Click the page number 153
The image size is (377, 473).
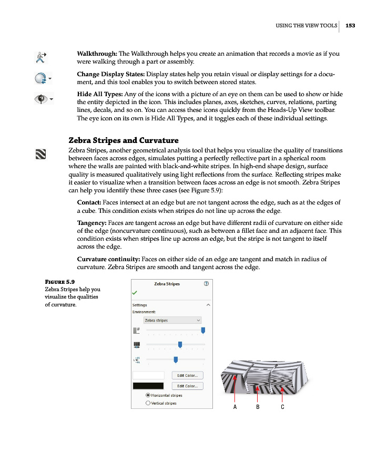[351, 25]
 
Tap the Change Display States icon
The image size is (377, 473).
[40, 78]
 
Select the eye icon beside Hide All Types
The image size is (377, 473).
[40, 99]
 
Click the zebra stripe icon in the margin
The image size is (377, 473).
[40, 154]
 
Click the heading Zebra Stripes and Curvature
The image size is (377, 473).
[124, 140]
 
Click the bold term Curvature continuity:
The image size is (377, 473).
[108, 259]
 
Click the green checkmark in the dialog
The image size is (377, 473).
[135, 292]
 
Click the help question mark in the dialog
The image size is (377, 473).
[206, 283]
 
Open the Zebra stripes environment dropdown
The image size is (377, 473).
[172, 320]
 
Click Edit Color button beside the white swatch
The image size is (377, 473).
[187, 375]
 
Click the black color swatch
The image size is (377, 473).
[149, 386]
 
